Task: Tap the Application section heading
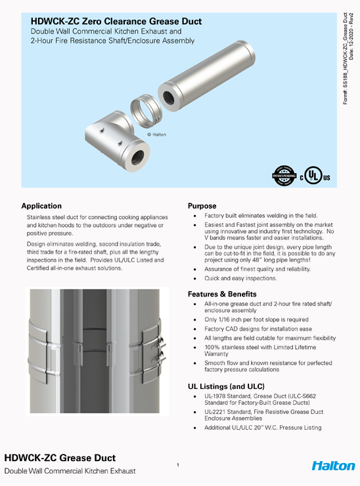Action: tap(41, 206)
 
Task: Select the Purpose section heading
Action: tap(202, 206)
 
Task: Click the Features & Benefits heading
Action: tap(222, 294)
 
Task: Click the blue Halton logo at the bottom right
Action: tap(333, 466)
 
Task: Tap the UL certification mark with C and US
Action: tap(317, 177)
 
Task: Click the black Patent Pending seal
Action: tap(284, 175)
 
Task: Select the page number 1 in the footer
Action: tap(178, 465)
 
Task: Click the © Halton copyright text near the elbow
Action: tap(156, 134)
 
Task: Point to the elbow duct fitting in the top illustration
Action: tap(117, 139)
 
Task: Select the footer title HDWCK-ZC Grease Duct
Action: tap(60, 458)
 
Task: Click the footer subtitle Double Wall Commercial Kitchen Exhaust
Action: tap(70, 472)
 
